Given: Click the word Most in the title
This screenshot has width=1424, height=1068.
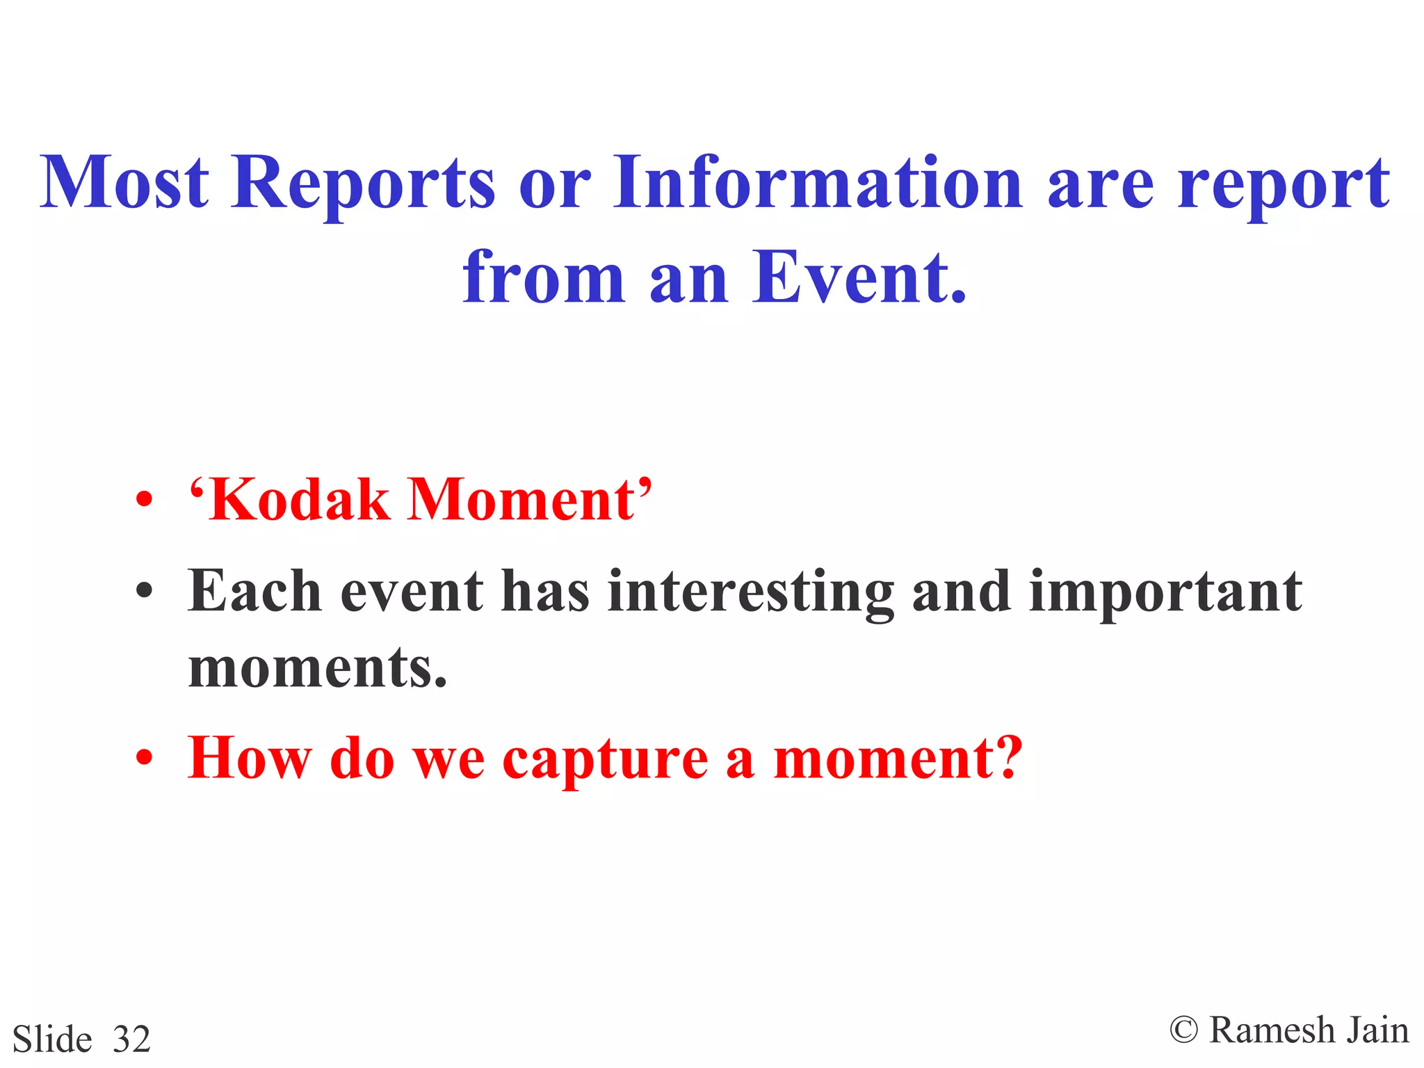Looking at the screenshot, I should [x=124, y=182].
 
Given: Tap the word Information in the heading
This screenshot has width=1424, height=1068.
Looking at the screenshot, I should [x=817, y=182].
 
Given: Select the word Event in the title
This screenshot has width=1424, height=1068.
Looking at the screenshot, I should [x=852, y=278].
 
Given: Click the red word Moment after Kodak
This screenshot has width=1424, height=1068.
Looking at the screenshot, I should [x=521, y=500].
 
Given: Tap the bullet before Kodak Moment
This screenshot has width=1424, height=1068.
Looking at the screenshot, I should [x=144, y=500].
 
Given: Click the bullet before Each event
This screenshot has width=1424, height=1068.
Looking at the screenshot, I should [x=144, y=592].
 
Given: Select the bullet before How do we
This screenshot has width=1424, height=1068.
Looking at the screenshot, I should [x=144, y=758].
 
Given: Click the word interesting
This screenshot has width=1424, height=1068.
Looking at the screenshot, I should [x=751, y=592].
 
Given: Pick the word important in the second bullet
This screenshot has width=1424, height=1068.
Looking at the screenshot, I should [x=1165, y=592].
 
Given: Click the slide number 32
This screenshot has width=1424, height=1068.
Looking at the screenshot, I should [x=131, y=1039].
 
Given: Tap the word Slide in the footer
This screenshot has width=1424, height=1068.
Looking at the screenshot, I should [x=52, y=1039].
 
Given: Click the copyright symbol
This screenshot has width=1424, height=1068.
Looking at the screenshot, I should [x=1183, y=1030].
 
